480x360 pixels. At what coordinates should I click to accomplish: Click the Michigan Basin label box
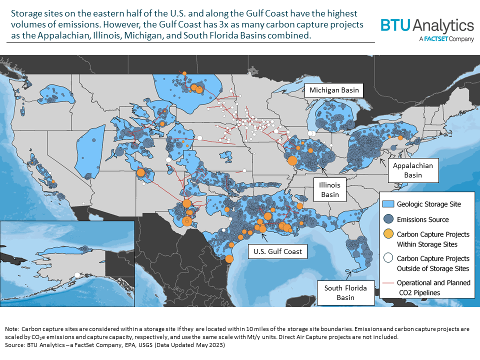pos(334,90)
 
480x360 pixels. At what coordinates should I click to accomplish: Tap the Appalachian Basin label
pos(413,170)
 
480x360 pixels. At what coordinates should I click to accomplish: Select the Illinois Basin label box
pos(329,189)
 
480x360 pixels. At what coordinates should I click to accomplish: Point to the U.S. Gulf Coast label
pos(277,251)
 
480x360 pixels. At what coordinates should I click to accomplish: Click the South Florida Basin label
pos(345,292)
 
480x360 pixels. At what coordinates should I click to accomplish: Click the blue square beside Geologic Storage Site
pos(388,204)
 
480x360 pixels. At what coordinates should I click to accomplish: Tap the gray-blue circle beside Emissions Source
pos(388,219)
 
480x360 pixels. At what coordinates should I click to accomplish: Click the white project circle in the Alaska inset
pos(77,274)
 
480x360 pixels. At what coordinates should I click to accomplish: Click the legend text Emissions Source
pos(423,219)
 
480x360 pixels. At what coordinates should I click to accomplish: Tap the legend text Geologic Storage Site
pos(429,204)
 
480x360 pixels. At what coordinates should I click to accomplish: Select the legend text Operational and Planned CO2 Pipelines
pos(433,287)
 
